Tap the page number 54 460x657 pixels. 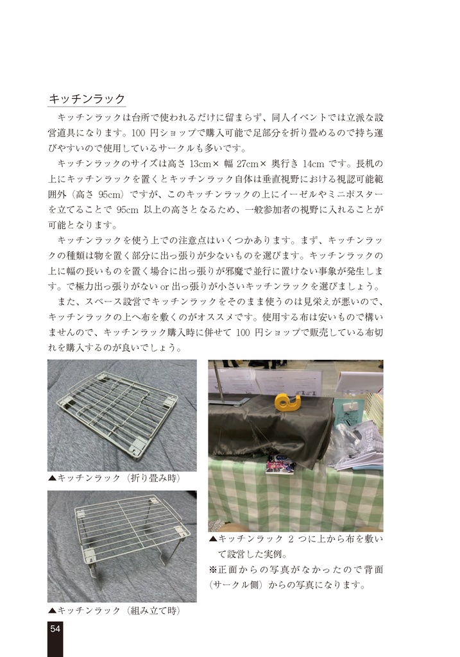point(55,629)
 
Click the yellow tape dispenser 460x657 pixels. point(287,402)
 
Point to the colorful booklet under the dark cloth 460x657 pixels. point(280,464)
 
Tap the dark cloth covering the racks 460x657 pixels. point(269,427)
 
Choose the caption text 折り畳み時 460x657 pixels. point(153,478)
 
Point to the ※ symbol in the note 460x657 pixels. point(214,570)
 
